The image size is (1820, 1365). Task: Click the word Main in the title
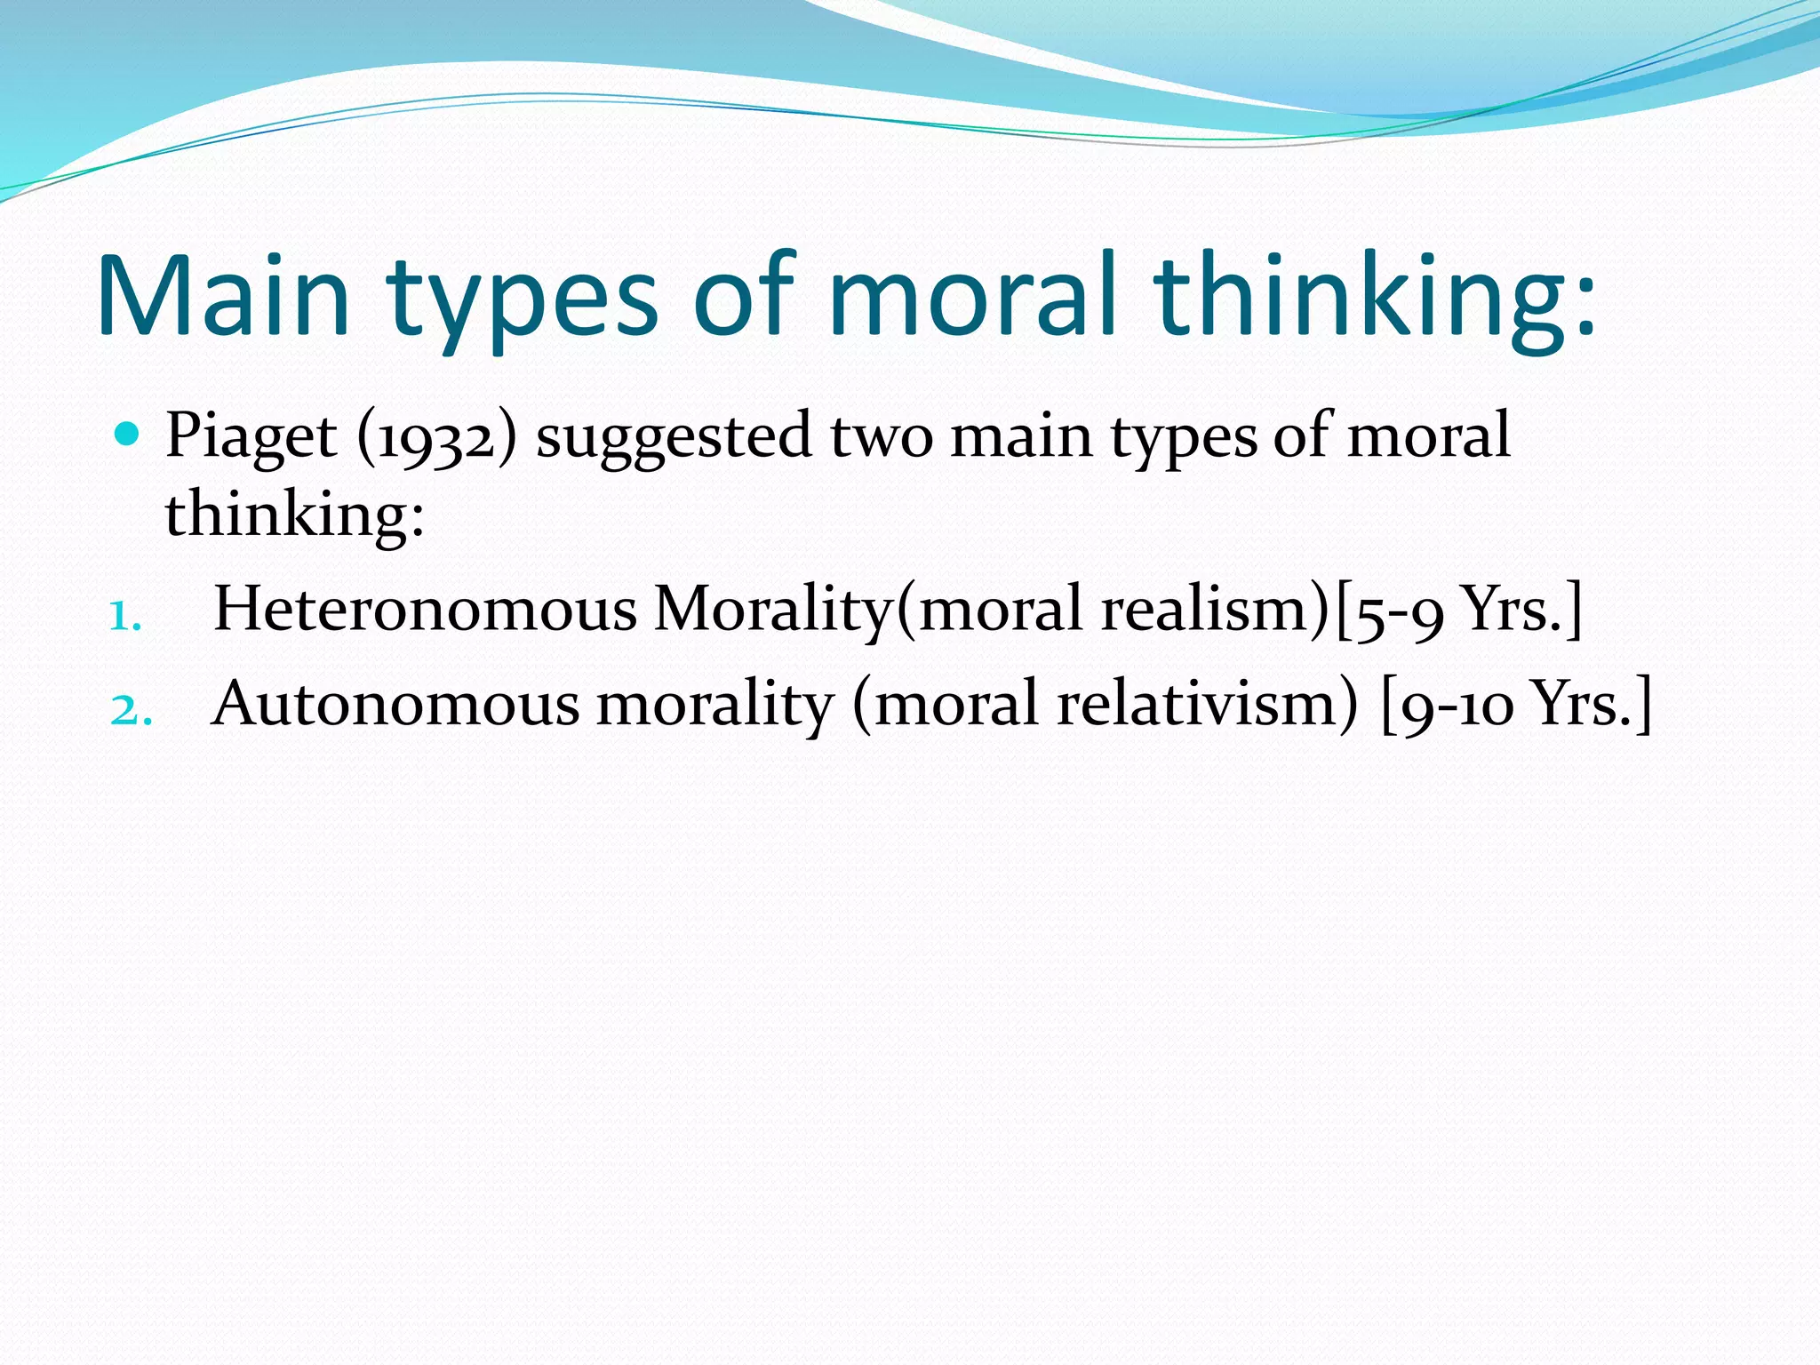point(223,296)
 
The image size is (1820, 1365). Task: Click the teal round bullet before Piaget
point(128,435)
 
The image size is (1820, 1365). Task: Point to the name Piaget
point(251,438)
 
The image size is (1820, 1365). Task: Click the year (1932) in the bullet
point(436,438)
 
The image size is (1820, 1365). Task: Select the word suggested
point(674,438)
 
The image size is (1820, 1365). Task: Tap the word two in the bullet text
point(882,438)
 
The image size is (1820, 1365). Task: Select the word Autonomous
point(395,705)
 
